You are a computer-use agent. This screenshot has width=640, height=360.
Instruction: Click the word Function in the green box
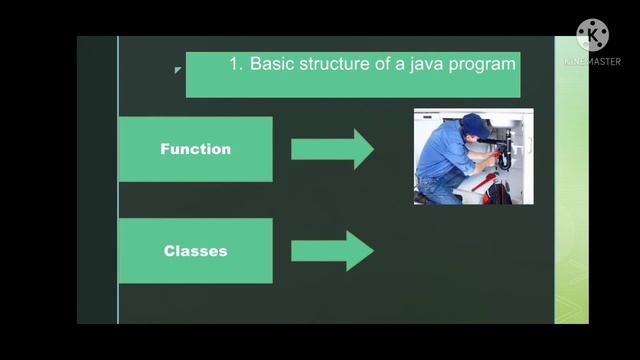coord(195,149)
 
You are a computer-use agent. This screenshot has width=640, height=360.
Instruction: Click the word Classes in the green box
coord(195,251)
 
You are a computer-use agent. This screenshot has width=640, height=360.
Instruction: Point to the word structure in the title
coord(336,64)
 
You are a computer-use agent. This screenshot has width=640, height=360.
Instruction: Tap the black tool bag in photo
coord(500,193)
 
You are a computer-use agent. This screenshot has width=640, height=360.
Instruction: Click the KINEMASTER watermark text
coord(591,61)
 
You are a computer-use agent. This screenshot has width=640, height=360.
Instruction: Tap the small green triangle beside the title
coord(177,70)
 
